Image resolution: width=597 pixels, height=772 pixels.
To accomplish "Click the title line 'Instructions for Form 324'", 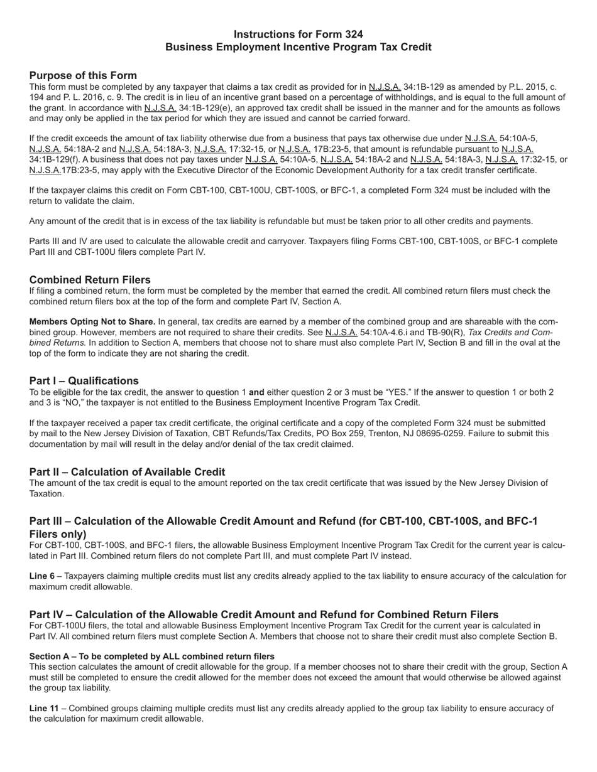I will point(298,34).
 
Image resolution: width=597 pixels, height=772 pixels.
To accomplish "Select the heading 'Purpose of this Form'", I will point(83,75).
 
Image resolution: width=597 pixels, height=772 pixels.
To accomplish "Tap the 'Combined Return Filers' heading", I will point(90,279).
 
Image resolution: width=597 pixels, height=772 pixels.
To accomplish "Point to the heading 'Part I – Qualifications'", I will point(84,381).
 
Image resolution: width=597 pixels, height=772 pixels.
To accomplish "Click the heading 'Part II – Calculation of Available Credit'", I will point(127,472).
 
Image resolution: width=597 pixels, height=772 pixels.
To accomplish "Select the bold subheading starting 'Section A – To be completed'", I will point(151,657).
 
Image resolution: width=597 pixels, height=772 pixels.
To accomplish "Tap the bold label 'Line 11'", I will point(44,709).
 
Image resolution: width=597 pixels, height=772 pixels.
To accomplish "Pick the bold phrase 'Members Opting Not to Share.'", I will point(92,322).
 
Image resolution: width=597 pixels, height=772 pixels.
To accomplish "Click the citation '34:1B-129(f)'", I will point(55,159).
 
